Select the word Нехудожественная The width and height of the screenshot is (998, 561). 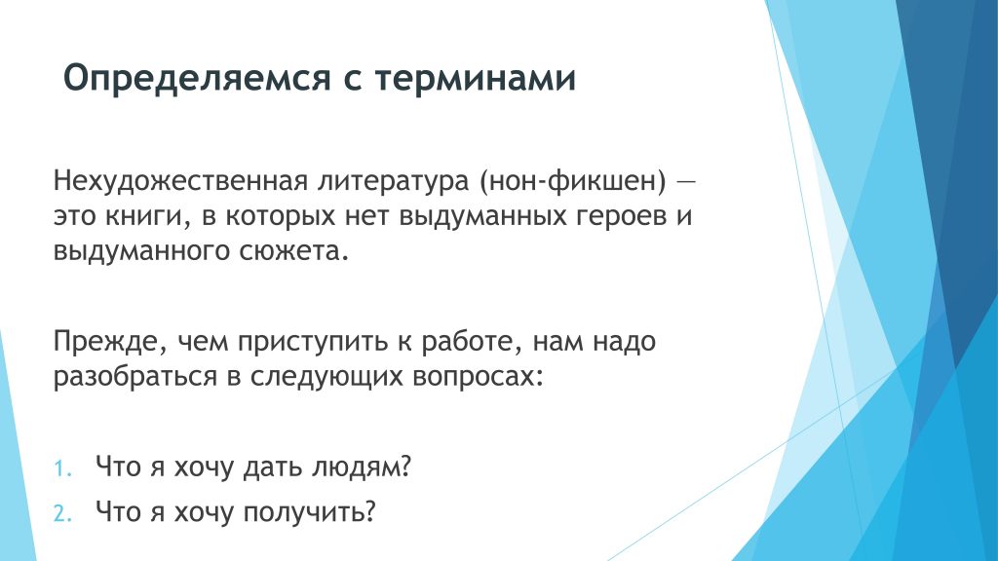[x=180, y=180]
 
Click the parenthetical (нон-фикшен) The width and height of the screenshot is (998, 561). [x=572, y=181]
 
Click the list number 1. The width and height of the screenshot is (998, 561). [x=62, y=468]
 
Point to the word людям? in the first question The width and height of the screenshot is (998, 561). [x=362, y=467]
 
